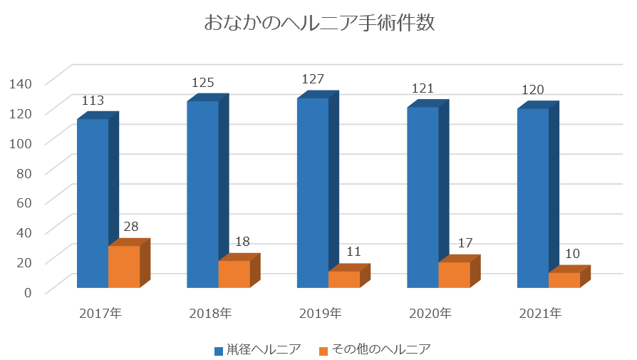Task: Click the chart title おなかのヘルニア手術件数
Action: [x=318, y=24]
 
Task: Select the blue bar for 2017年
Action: [x=93, y=203]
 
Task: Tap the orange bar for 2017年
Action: [x=124, y=267]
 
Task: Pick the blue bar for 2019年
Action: [x=313, y=192]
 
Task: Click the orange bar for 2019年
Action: [x=344, y=279]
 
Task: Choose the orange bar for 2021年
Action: [x=564, y=280]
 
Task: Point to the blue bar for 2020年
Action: [x=423, y=197]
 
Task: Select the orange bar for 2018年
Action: [x=234, y=274]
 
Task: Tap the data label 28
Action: [x=131, y=227]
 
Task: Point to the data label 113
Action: [x=93, y=101]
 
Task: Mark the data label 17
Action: [x=465, y=243]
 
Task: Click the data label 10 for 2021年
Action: [x=572, y=253]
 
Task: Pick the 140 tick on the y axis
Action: [x=22, y=83]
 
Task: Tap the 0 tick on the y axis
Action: [x=29, y=291]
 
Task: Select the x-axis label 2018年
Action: [x=210, y=313]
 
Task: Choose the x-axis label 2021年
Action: [x=540, y=313]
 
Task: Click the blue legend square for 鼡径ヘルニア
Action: [x=219, y=350]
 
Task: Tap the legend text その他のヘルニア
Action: [x=381, y=349]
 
